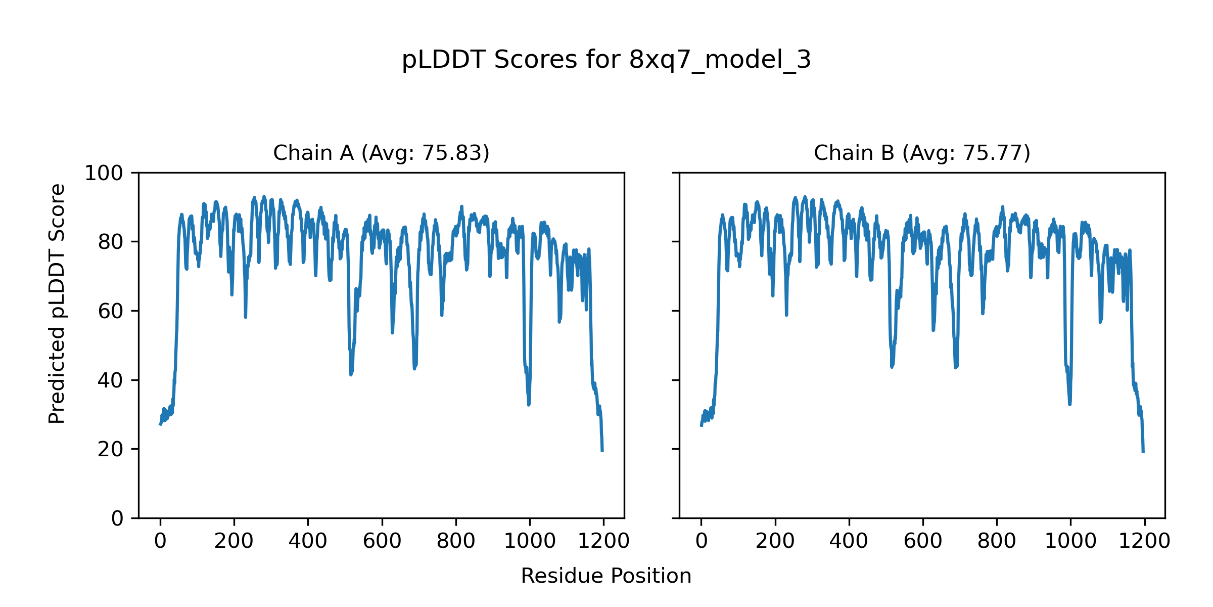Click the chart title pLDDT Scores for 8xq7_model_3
(606, 60)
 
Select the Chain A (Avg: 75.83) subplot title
(381, 153)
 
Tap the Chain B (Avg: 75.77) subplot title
(922, 153)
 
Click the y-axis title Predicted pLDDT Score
(57, 303)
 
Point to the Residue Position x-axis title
(606, 576)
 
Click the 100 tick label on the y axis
(104, 174)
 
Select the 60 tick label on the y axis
(110, 312)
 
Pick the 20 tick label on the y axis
(110, 450)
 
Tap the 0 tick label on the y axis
(117, 518)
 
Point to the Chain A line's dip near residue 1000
(529, 404)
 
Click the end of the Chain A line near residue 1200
(602, 450)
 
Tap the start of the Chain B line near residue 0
(701, 425)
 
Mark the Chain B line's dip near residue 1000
(1069, 404)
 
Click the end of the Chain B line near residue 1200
(1143, 451)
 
